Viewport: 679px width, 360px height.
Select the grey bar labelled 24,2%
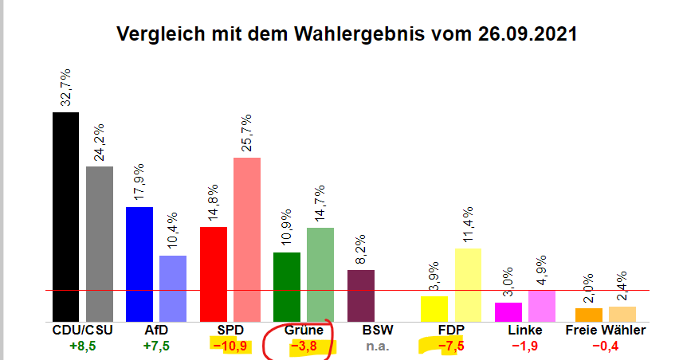tap(99, 243)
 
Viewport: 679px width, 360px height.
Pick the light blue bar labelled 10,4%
tap(173, 288)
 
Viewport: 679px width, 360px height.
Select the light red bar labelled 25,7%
tap(246, 238)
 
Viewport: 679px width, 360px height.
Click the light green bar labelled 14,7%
tap(320, 273)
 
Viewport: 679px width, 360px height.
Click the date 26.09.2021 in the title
tap(528, 35)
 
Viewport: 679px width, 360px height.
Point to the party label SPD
tap(230, 330)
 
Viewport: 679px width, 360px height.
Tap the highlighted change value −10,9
tap(230, 346)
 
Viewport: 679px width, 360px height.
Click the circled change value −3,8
tap(304, 346)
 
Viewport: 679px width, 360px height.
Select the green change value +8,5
tap(84, 346)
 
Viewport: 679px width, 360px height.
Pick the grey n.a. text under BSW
tap(377, 346)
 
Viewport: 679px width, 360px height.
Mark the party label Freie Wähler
tap(606, 330)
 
